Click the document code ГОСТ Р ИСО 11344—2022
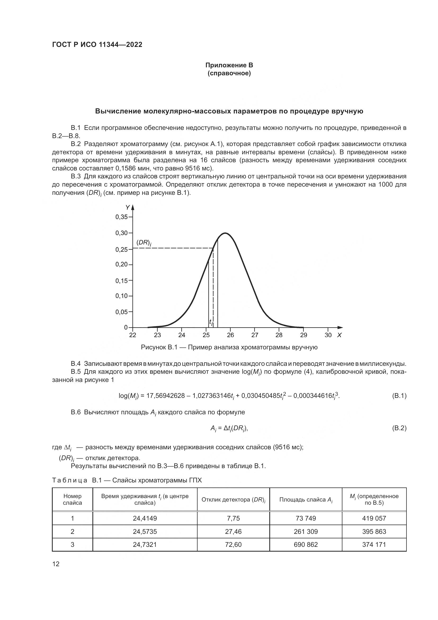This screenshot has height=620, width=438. tap(97, 45)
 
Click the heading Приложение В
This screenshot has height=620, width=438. tap(229, 65)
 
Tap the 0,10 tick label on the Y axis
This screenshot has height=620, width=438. tap(122, 296)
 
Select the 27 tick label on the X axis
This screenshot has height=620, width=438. tap(254, 335)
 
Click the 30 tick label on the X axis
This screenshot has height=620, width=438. tap(328, 335)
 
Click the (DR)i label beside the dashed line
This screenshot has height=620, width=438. tap(144, 243)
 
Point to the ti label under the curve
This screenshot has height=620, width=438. tap(211, 322)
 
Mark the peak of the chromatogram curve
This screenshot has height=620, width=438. tap(225, 233)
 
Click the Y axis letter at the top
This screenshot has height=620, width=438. tap(127, 208)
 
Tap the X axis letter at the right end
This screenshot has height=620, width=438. tap(339, 335)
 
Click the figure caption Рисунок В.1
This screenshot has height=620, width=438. tap(229, 347)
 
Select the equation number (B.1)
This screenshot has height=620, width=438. tap(399, 396)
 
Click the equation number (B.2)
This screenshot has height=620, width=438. tap(399, 428)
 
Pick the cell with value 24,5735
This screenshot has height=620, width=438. tap(145, 531)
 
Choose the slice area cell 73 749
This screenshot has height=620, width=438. tap(306, 518)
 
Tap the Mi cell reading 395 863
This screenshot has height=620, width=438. tap(374, 531)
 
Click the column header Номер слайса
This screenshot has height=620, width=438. tap(72, 499)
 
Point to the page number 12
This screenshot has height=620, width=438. tap(56, 564)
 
